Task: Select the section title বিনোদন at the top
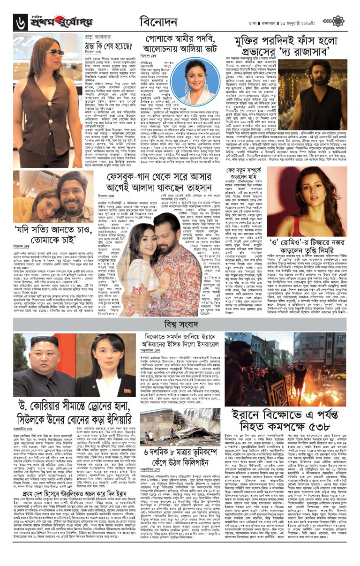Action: (x=157, y=22)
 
